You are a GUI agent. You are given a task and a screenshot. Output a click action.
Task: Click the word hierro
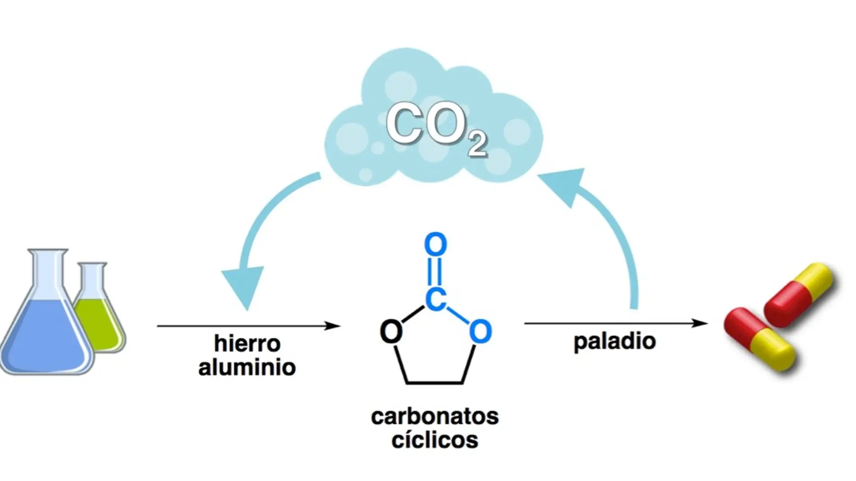pyautogui.click(x=247, y=344)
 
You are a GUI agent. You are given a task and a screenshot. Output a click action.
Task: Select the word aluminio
pyautogui.click(x=247, y=367)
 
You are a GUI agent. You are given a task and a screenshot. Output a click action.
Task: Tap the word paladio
pyautogui.click(x=615, y=341)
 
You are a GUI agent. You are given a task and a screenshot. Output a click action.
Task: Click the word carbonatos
pyautogui.click(x=435, y=417)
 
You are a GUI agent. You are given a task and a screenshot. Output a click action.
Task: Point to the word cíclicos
pyautogui.click(x=435, y=440)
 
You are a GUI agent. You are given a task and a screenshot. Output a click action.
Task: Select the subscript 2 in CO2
pyautogui.click(x=477, y=145)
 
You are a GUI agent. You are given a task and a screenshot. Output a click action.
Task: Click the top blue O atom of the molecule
pyautogui.click(x=436, y=245)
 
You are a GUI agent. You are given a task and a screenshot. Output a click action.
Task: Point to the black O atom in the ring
pyautogui.click(x=391, y=332)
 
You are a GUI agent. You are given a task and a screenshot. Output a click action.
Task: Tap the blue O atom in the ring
pyautogui.click(x=480, y=332)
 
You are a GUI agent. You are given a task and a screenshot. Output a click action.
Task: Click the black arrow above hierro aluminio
pyautogui.click(x=248, y=325)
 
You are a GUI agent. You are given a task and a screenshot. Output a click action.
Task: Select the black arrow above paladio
pyautogui.click(x=615, y=323)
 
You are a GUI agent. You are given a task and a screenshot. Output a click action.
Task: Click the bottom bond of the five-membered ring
pyautogui.click(x=435, y=383)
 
